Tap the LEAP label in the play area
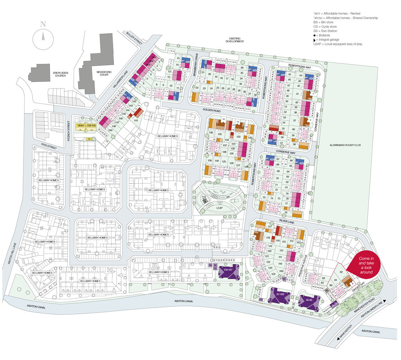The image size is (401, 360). point(219,208)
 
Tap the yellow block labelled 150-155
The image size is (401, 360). point(91,125)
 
